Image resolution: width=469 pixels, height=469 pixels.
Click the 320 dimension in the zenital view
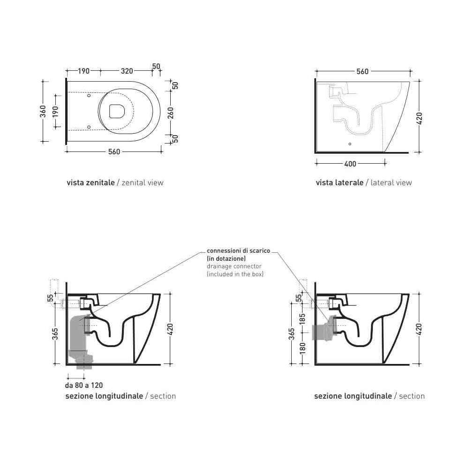point(127,71)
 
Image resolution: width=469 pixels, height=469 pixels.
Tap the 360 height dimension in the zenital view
point(43,111)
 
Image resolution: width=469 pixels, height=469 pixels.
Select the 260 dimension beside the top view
point(171,113)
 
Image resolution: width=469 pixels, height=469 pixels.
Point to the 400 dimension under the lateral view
point(350,164)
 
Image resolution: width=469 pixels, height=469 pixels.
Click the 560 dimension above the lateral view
point(363,71)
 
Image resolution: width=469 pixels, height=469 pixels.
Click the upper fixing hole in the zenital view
point(89,95)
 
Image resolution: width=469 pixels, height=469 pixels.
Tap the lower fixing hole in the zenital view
point(89,127)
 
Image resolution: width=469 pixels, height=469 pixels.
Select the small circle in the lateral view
point(350,144)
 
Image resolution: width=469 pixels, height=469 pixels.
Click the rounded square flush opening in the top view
point(117,111)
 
